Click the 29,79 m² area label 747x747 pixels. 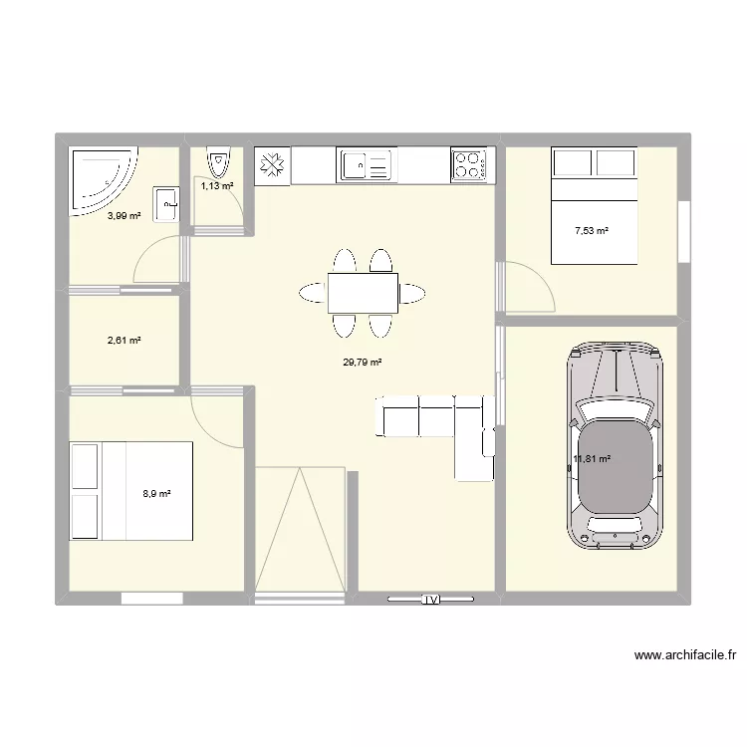363,363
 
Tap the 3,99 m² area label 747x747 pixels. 124,215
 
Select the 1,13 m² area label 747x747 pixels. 217,185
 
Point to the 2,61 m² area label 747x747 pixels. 124,341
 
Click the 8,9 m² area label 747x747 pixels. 157,493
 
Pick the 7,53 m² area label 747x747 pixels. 591,231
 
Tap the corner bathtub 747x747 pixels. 99,179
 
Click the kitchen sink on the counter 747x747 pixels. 367,165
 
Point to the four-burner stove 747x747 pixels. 469,164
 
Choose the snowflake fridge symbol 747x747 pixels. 273,165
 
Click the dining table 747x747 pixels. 363,293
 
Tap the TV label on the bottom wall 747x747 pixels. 430,600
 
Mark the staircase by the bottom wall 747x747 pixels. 301,530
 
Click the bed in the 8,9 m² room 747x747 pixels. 130,492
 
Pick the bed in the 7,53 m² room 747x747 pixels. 594,205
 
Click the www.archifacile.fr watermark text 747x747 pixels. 684,656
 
